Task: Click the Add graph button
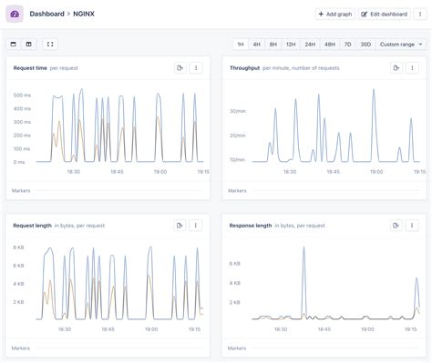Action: coord(334,15)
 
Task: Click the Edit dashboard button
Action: coord(383,15)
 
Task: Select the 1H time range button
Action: coord(240,44)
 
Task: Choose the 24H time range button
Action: coord(310,44)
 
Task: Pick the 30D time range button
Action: coord(365,44)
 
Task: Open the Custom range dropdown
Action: coord(401,44)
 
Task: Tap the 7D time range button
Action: coord(347,44)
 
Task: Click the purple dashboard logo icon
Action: coord(15,15)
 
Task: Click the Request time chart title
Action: coord(30,68)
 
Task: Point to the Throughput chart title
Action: coord(244,68)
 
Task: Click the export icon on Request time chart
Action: coord(180,68)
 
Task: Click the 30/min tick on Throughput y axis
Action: coord(238,112)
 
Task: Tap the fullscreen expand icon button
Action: coord(50,44)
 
